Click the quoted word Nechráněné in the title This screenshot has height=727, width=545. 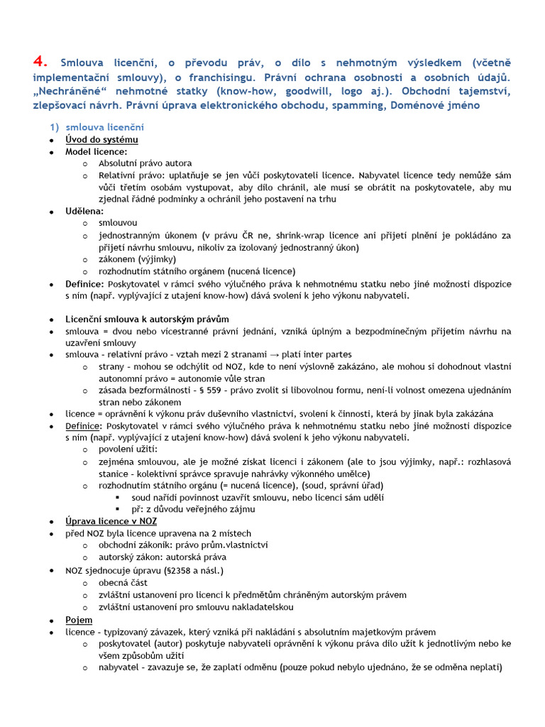68,92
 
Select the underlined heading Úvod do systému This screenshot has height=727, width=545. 101,139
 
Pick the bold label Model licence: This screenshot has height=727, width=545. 97,151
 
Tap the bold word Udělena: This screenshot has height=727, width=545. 84,211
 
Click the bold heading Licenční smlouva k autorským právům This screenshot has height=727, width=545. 147,319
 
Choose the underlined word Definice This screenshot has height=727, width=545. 84,426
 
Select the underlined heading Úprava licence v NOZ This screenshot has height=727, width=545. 111,521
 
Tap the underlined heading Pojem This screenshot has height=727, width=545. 79,620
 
